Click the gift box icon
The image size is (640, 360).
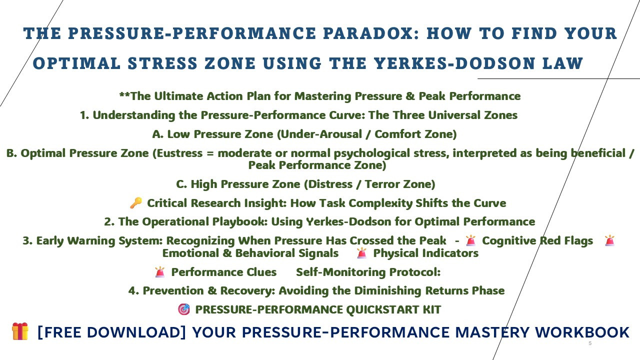pos(20,331)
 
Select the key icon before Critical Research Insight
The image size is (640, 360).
pos(135,203)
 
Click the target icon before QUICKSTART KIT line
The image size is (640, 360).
pos(184,309)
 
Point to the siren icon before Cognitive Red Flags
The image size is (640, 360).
pos(470,241)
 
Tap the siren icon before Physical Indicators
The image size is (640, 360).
pos(361,253)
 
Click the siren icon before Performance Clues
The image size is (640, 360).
pos(159,272)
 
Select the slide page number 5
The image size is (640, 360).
pos(590,343)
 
